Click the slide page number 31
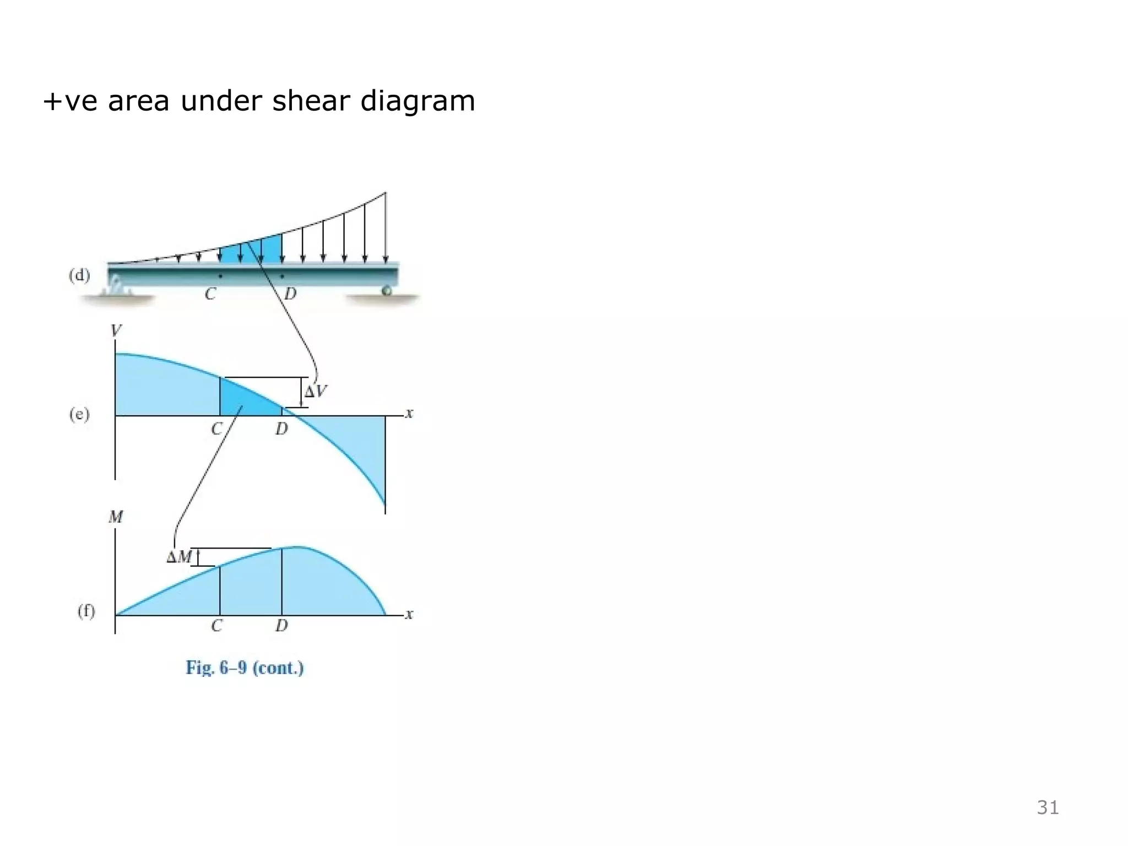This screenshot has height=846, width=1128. coord(1048,807)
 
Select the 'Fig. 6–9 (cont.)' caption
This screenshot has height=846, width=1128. coord(245,668)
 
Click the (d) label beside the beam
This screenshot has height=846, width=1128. coord(79,275)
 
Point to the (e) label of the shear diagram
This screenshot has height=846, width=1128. coord(79,414)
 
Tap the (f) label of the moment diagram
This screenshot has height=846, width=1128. coord(86,611)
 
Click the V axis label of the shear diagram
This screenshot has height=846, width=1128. coord(116,330)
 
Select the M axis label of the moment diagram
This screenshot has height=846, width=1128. coord(116,517)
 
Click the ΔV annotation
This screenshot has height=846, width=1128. coord(316,392)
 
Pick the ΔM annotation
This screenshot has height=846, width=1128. coord(178,557)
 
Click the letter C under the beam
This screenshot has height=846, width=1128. coord(210,294)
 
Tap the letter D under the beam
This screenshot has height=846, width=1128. coord(290,294)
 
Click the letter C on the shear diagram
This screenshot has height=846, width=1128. coord(216,429)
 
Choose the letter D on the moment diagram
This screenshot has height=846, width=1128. coord(281,626)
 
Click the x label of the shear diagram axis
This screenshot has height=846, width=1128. coord(409,413)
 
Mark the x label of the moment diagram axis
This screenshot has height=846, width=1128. coord(409,614)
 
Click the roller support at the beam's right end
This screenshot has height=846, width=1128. coord(387,290)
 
